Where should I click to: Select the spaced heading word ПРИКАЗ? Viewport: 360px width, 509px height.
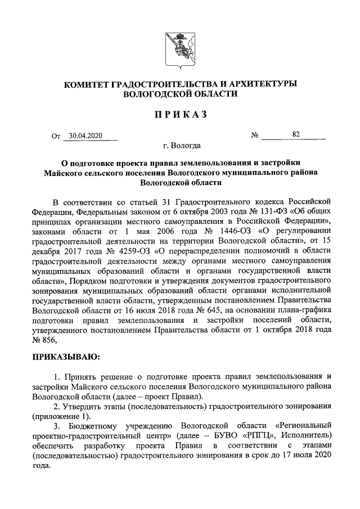pyautogui.click(x=179, y=115)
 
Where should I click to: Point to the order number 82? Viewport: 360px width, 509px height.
pyautogui.click(x=296, y=134)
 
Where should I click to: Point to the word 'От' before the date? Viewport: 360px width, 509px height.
pyautogui.click(x=55, y=136)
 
